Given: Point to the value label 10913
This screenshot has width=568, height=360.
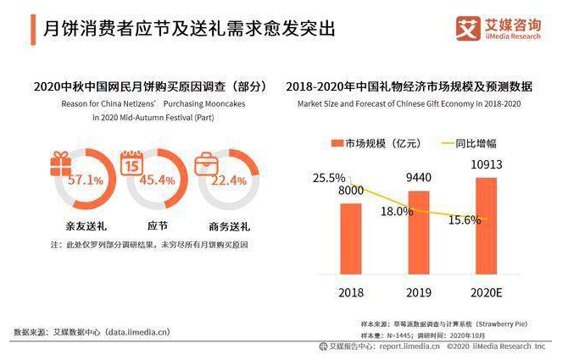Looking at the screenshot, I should (487, 163).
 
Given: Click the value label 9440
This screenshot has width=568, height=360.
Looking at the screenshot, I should (420, 177).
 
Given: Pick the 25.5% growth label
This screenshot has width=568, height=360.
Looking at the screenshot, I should (329, 178).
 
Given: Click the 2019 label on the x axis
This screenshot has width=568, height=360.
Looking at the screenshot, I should (419, 292).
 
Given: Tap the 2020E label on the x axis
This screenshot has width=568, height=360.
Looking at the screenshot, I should (487, 292).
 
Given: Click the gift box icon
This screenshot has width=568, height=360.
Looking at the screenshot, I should (59, 161).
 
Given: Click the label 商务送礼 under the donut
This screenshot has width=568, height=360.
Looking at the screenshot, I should (228, 227).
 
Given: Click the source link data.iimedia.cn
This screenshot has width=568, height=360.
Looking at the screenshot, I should (138, 331).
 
